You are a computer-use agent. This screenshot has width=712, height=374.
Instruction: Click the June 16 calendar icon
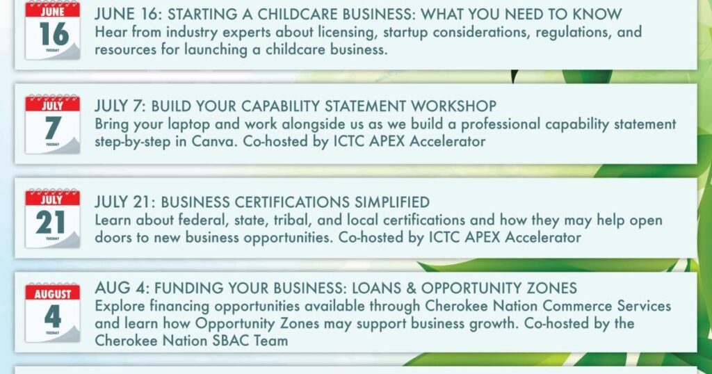(x=53, y=30)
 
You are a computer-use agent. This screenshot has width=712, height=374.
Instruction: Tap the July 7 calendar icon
(x=53, y=124)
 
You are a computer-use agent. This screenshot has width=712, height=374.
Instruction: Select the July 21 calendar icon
(x=53, y=218)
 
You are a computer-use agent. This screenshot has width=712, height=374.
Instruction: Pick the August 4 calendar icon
(x=53, y=313)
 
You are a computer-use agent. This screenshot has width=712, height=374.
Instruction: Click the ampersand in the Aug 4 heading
(x=412, y=288)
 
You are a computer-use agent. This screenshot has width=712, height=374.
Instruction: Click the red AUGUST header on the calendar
(x=53, y=293)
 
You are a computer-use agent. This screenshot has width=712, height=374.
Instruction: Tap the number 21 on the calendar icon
(x=51, y=223)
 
